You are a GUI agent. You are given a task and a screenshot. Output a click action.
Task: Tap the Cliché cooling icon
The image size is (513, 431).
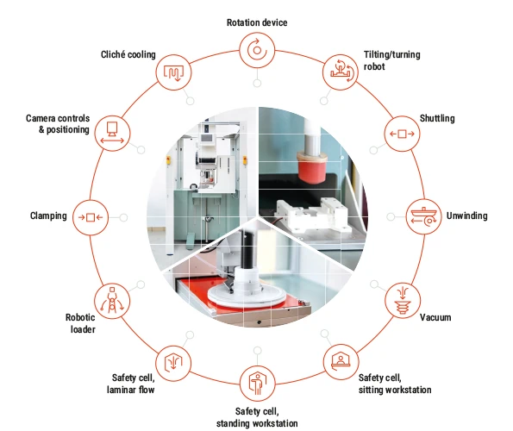pyautogui.click(x=173, y=72)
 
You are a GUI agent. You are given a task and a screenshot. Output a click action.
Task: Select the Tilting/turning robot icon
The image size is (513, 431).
pyautogui.click(x=341, y=72)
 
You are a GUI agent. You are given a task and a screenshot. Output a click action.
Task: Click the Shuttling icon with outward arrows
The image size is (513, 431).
pyautogui.click(x=402, y=134)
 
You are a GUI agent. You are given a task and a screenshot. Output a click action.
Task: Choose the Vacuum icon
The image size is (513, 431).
pyautogui.click(x=403, y=301)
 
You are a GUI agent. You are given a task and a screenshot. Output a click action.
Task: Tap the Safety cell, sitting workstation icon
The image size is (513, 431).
pyautogui.click(x=341, y=362)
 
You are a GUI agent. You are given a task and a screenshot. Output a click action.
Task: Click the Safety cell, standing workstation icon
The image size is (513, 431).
pyautogui.click(x=258, y=384)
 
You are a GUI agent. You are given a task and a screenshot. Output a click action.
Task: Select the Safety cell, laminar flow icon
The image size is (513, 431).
pyautogui.click(x=173, y=363)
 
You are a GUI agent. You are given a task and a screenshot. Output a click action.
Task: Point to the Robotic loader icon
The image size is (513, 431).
pyautogui.click(x=112, y=301)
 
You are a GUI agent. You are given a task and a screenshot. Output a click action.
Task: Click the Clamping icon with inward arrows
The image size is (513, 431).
pyautogui.click(x=91, y=217)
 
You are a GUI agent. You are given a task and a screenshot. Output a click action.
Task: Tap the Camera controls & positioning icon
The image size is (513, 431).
pyautogui.click(x=112, y=133)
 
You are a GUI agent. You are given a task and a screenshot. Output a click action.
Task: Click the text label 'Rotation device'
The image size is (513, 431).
pyautogui.click(x=257, y=22)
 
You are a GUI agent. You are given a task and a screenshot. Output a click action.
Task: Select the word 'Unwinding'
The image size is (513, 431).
pyautogui.click(x=466, y=215)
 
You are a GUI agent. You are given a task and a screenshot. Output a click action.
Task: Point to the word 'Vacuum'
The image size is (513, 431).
pyautogui.click(x=435, y=317)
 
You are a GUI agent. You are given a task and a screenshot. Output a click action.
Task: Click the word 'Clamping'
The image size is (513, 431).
pyautogui.click(x=48, y=215)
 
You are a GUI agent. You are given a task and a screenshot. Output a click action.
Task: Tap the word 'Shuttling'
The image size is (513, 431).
pyautogui.click(x=437, y=118)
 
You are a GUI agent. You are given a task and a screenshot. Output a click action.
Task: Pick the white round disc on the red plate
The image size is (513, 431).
pyautogui.click(x=247, y=296)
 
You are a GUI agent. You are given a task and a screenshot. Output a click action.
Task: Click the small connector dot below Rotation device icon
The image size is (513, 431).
pyautogui.click(x=257, y=83)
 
